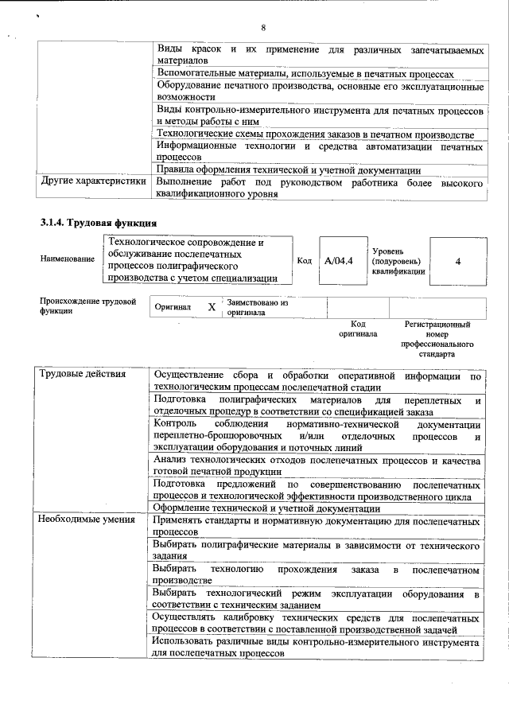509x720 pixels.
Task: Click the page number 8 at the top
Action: pos(262,28)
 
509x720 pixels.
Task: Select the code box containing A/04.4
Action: pos(339,260)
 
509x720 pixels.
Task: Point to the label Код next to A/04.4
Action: pos(305,260)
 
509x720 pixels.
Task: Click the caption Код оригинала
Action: pos(358,329)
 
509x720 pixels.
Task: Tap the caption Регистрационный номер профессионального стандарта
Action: pos(437,339)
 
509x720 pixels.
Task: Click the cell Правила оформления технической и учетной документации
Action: pos(288,169)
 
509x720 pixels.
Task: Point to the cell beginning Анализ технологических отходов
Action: pos(317,468)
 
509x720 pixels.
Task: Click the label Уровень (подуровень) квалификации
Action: pos(398,261)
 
